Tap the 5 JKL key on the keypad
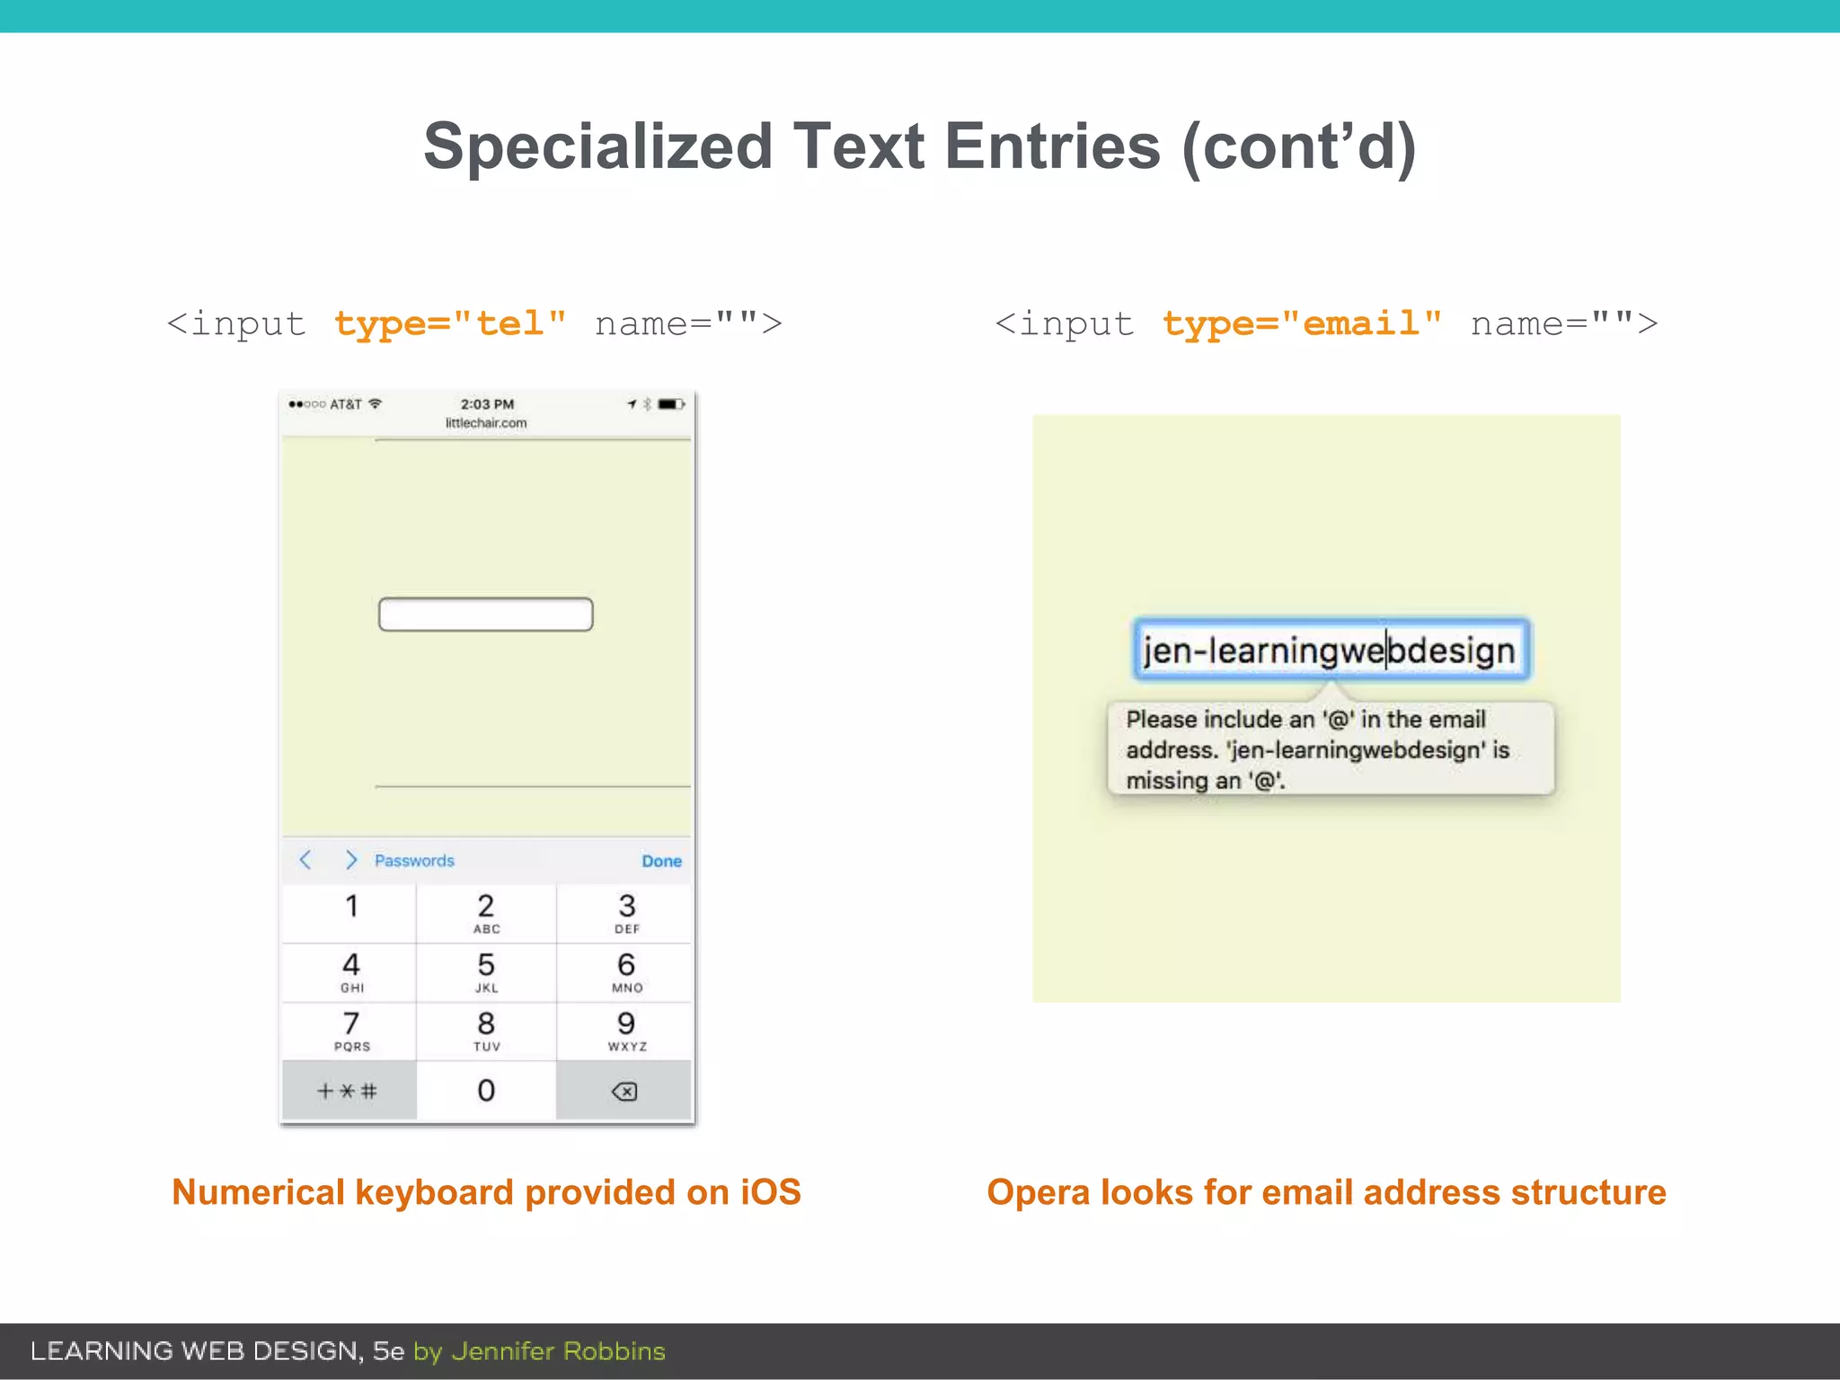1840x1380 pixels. click(x=486, y=972)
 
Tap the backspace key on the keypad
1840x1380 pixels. click(x=624, y=1091)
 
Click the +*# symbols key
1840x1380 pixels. click(x=348, y=1091)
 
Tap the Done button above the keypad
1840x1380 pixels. click(x=661, y=861)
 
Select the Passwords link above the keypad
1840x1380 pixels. click(x=414, y=861)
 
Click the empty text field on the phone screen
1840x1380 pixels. click(x=485, y=615)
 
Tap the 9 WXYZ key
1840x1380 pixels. click(x=626, y=1031)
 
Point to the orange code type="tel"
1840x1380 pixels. click(x=450, y=323)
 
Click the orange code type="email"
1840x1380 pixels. click(x=1302, y=323)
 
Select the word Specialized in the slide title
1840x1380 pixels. click(x=597, y=146)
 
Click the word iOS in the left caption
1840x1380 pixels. click(x=770, y=1192)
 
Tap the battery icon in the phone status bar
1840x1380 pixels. click(x=670, y=404)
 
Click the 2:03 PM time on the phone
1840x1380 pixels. click(x=487, y=404)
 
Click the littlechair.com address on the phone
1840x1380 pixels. click(x=486, y=423)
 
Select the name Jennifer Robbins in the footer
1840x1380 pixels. click(x=558, y=1351)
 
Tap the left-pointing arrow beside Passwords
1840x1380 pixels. click(x=305, y=860)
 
